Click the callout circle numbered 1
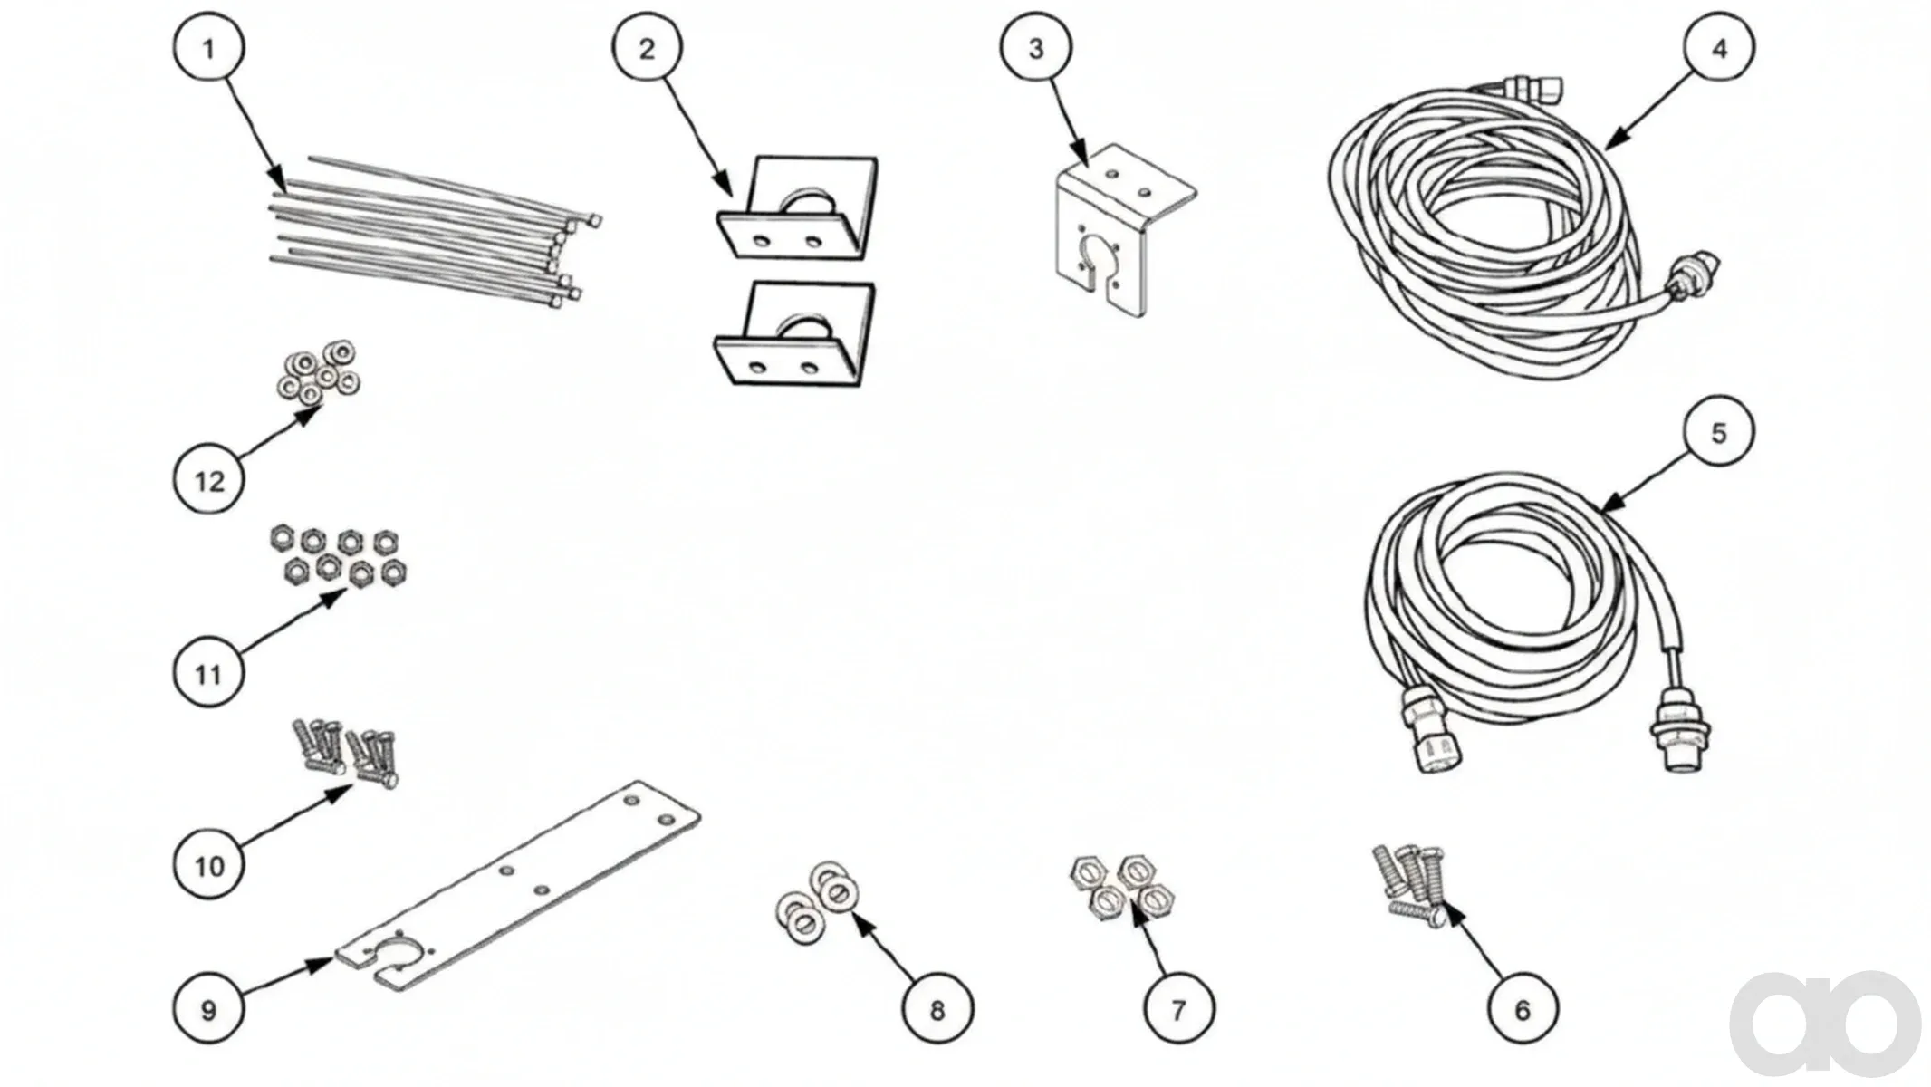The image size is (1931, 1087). click(209, 49)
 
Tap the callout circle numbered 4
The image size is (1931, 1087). click(1719, 49)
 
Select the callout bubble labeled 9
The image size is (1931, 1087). click(209, 1010)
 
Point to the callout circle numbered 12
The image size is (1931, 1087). click(209, 480)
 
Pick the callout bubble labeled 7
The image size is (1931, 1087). click(1178, 1009)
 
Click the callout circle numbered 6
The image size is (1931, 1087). click(1523, 1009)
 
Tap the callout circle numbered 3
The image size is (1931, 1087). click(1036, 49)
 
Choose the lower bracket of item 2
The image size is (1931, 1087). click(795, 334)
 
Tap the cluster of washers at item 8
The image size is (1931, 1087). click(818, 902)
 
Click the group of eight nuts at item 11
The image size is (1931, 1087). click(338, 556)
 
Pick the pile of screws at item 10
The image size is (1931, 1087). click(345, 755)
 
